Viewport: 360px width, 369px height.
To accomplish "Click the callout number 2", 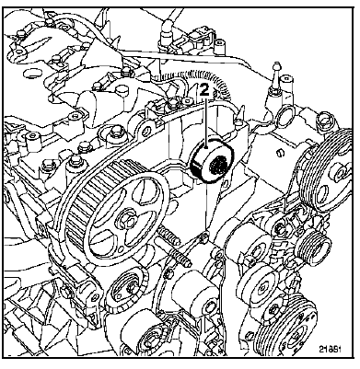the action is coord(204,91).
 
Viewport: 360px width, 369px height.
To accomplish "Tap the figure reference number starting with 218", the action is coord(331,349).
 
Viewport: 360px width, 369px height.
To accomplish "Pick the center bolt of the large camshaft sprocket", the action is coord(128,220).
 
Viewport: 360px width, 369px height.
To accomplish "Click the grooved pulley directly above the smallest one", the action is coord(327,172).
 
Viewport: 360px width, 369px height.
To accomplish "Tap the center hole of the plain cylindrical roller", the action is coord(211,305).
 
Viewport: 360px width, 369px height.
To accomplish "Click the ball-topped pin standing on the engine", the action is coord(276,76).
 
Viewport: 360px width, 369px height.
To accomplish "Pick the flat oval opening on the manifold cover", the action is coord(32,73).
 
